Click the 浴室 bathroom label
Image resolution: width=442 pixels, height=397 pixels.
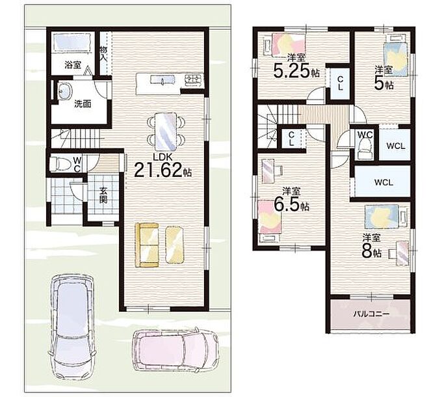73,65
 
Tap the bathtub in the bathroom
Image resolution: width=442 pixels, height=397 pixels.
72,42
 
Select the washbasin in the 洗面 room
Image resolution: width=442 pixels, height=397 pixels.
64,90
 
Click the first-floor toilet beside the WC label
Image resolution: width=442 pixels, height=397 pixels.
59,164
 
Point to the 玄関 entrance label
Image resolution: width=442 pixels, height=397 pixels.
103,195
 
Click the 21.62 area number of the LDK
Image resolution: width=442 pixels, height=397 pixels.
158,170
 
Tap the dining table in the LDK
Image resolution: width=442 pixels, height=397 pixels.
166,131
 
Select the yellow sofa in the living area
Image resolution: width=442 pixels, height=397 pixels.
147,245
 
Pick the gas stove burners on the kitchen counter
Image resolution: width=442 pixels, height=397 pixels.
194,79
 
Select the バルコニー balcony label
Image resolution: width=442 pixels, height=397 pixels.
372,314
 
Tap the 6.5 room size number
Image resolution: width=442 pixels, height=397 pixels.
287,206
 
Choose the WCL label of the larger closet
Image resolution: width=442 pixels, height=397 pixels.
383,183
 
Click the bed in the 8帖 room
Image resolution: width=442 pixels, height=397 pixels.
382,217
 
